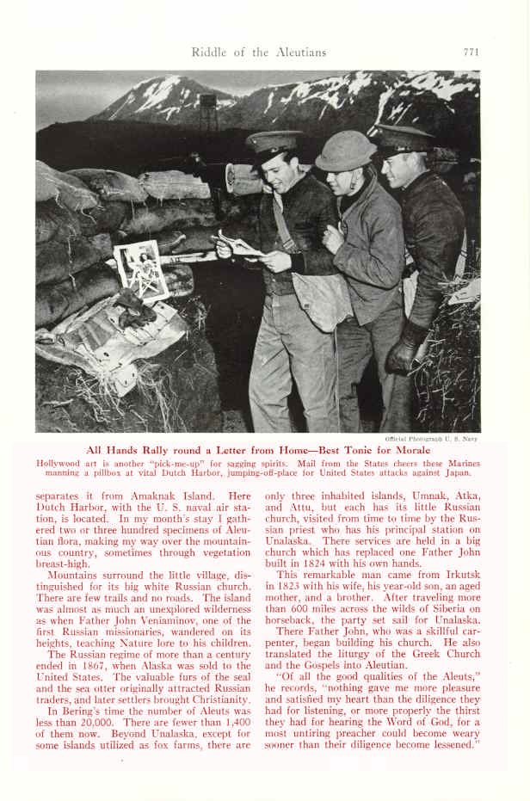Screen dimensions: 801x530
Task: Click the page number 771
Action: pyautogui.click(x=470, y=52)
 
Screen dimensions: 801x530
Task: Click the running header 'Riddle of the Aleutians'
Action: pyautogui.click(x=259, y=52)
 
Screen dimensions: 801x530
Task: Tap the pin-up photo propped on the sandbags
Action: pyautogui.click(x=142, y=268)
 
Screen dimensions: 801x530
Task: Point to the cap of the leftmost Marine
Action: pyautogui.click(x=274, y=141)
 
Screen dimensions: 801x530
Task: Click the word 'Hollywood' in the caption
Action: pyautogui.click(x=61, y=463)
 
